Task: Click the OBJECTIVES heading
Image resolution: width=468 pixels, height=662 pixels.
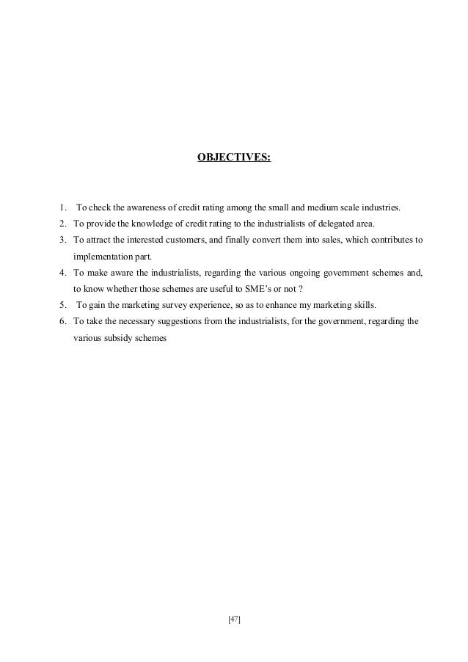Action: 234,156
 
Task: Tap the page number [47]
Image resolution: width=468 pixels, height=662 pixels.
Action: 234,619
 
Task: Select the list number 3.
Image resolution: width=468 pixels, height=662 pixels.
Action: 64,240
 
